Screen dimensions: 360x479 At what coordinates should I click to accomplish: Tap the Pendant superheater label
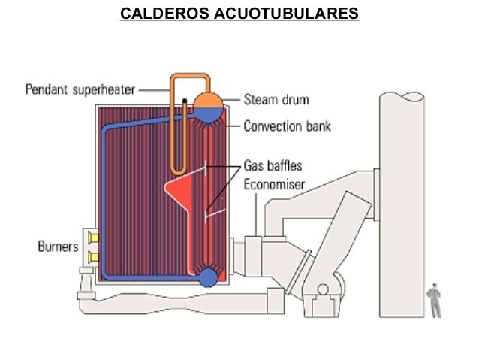pyautogui.click(x=80, y=90)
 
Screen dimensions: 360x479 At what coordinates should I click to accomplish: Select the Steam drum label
pyautogui.click(x=276, y=99)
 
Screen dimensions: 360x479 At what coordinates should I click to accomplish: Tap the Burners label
pyautogui.click(x=58, y=246)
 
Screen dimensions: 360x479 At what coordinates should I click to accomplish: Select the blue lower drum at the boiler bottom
pyautogui.click(x=208, y=277)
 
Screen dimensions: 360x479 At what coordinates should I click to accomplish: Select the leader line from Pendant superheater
pyautogui.click(x=154, y=90)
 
